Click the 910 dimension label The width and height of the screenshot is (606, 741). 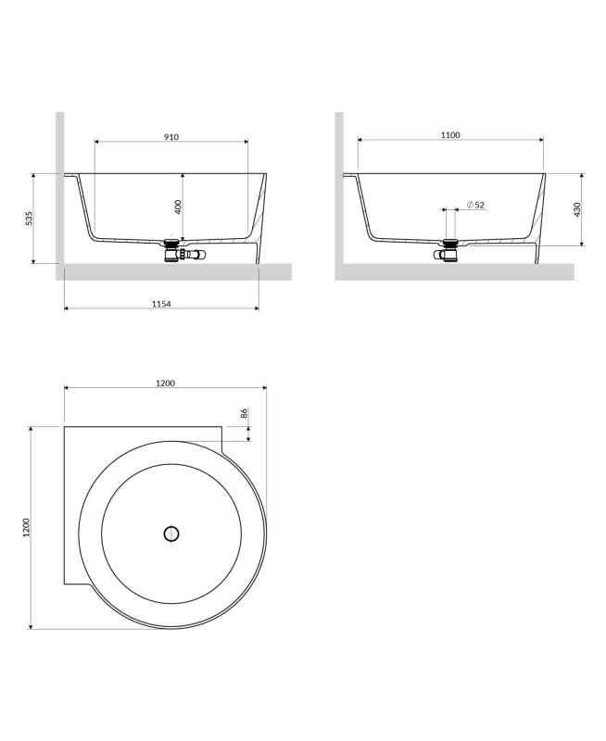[x=171, y=137]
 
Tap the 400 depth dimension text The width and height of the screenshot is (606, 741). [x=178, y=207]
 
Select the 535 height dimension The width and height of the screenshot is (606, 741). [x=29, y=218]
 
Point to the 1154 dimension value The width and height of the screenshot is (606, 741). [x=161, y=304]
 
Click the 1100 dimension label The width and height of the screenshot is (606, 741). [x=450, y=135]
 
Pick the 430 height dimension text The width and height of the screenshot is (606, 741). [x=576, y=210]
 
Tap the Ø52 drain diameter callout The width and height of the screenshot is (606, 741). [x=475, y=205]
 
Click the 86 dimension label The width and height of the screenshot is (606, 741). [x=244, y=412]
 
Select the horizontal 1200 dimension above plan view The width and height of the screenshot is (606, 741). [x=166, y=383]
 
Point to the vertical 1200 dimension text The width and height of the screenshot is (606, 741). [x=26, y=527]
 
